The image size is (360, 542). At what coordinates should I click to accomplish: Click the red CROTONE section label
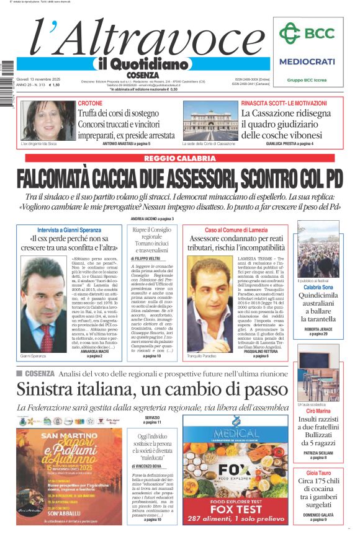coord(90,103)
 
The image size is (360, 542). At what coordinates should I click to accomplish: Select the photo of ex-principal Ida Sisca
coord(40,120)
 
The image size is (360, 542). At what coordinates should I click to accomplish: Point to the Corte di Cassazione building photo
coord(210,121)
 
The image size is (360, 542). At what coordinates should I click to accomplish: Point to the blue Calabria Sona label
coord(317,287)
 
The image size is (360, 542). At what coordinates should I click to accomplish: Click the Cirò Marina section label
coord(317,411)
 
